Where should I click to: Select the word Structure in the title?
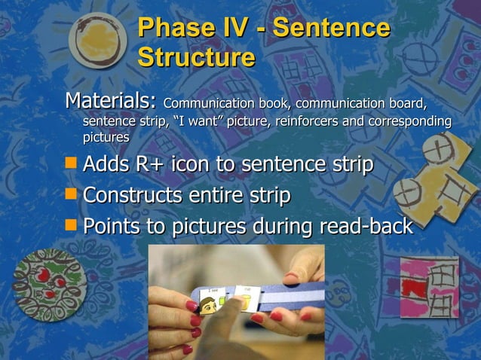(196, 58)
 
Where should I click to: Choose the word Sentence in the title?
(331, 29)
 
